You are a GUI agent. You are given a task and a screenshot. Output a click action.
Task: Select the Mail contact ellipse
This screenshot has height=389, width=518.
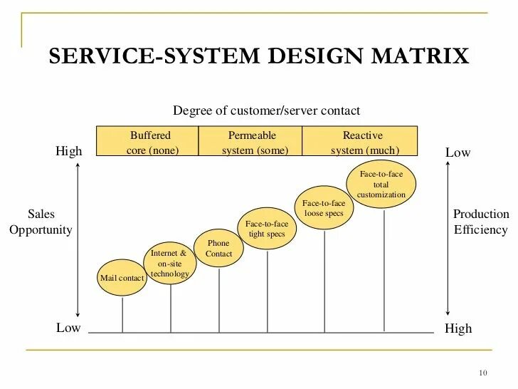click(x=122, y=278)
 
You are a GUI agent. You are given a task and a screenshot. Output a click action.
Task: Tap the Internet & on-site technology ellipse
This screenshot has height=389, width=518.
click(x=170, y=263)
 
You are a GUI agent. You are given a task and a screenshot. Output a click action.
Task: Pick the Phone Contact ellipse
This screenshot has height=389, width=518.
click(x=218, y=249)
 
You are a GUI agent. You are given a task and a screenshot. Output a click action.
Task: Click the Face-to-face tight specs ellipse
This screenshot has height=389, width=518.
click(x=267, y=228)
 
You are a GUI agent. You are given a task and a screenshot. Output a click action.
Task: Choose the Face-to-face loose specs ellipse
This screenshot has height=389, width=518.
click(x=324, y=208)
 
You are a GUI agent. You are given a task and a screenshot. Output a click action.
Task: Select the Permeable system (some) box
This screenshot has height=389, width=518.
click(x=251, y=142)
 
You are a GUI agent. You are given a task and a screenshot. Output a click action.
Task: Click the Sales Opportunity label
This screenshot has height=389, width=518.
click(x=41, y=222)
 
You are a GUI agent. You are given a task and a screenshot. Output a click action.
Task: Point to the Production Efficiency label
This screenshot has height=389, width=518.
click(x=481, y=222)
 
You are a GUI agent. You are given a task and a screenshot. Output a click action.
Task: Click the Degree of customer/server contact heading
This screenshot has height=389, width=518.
click(x=267, y=110)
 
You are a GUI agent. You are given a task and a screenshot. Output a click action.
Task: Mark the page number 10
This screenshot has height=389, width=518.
click(x=483, y=374)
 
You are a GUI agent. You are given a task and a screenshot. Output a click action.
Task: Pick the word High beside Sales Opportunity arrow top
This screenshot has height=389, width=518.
click(x=69, y=152)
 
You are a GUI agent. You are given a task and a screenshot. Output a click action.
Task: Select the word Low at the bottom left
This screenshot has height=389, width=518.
click(x=68, y=328)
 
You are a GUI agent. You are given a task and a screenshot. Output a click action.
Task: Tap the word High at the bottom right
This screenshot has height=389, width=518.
click(x=458, y=328)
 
